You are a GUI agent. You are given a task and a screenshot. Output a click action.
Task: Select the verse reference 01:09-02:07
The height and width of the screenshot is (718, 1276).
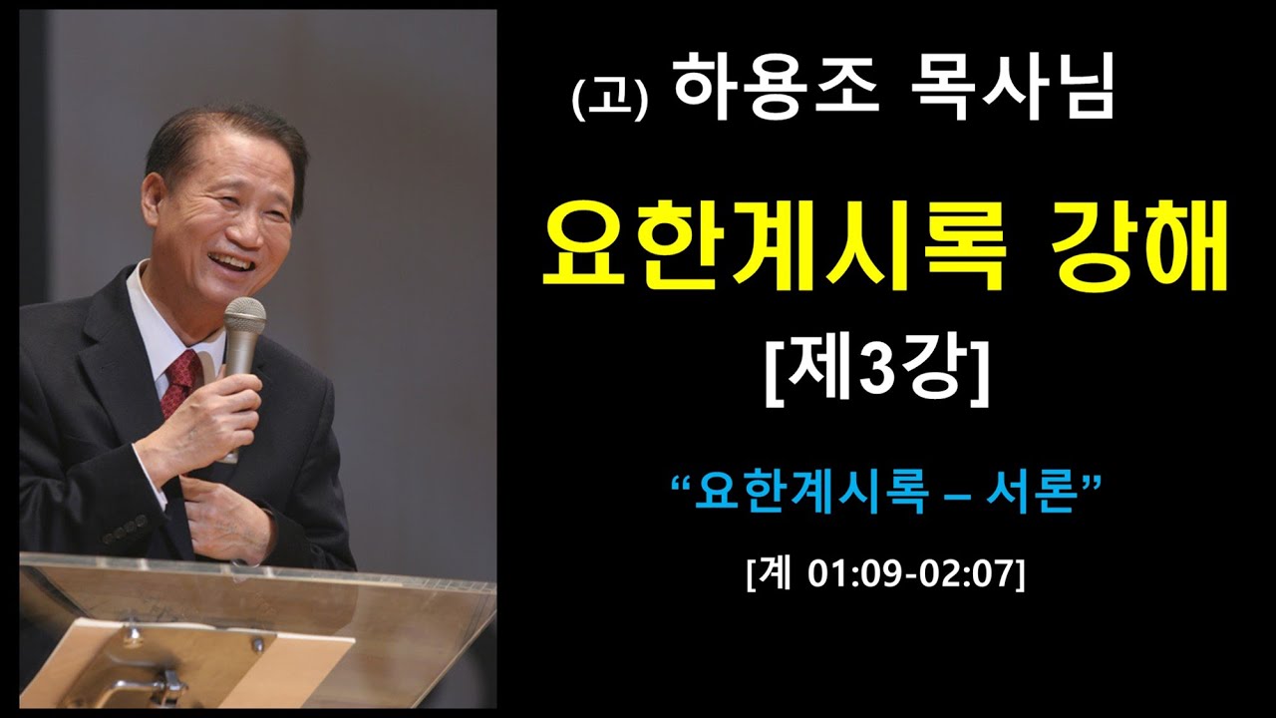coord(903,575)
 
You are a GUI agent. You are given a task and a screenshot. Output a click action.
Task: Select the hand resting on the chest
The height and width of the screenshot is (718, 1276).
coord(228,514)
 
